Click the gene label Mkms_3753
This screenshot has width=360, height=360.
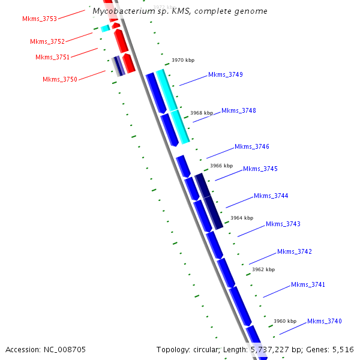click(40, 19)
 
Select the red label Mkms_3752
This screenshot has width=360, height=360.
click(47, 42)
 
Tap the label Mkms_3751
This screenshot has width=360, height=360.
click(52, 58)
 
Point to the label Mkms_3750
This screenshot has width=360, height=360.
click(59, 80)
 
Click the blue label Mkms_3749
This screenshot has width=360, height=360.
click(225, 75)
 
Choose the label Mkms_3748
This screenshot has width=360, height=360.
click(239, 111)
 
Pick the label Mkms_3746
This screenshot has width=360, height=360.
click(252, 147)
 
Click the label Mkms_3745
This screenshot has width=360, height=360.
click(260, 169)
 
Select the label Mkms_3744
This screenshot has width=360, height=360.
click(271, 196)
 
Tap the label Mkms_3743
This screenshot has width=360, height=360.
click(283, 224)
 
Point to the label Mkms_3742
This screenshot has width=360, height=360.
click(295, 252)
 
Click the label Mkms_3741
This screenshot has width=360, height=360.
click(308, 284)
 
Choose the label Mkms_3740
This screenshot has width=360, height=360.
click(325, 322)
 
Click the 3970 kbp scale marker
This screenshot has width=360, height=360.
click(183, 61)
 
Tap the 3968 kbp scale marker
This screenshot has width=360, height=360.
click(202, 113)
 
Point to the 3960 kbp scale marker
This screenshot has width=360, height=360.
click(285, 321)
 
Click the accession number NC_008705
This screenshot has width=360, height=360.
click(64, 349)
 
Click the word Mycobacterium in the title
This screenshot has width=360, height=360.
click(121, 11)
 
